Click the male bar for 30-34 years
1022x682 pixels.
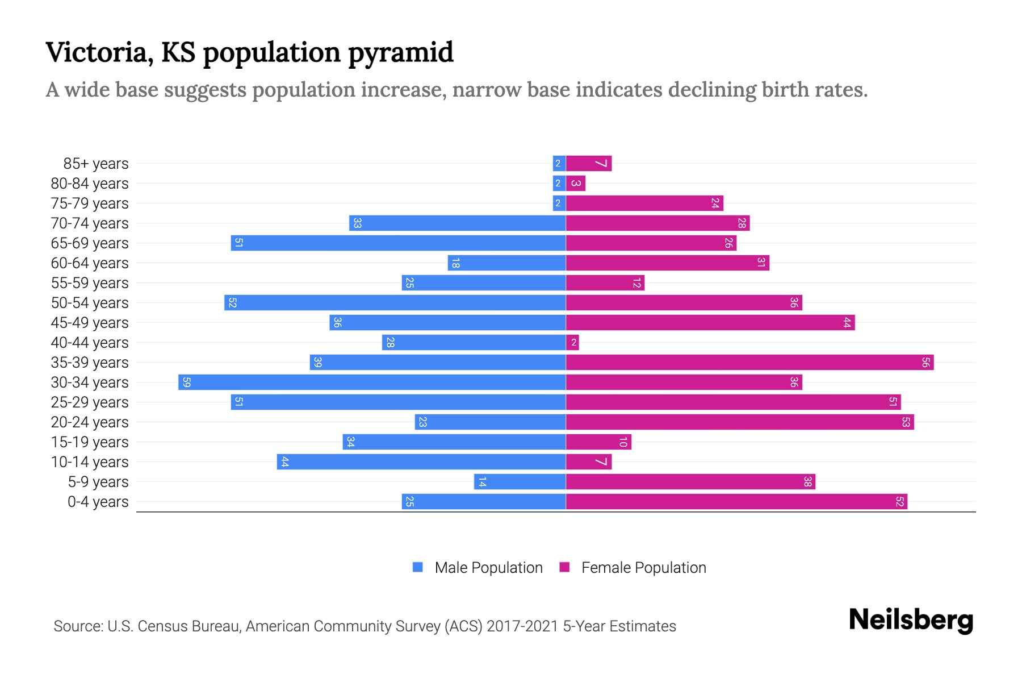click(372, 382)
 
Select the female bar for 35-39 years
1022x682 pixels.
click(749, 363)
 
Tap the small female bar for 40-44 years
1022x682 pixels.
click(572, 343)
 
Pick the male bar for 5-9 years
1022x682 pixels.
click(520, 482)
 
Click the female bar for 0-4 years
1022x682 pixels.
click(736, 502)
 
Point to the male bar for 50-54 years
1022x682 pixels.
click(395, 303)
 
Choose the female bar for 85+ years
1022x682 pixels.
click(589, 164)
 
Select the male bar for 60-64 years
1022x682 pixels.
click(506, 263)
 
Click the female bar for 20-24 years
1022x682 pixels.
click(740, 422)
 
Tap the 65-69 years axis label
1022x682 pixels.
click(90, 243)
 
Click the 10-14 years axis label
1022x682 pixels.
click(90, 462)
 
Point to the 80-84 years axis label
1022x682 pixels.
click(90, 184)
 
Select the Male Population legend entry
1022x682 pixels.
click(478, 568)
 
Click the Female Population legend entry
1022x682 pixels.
click(633, 568)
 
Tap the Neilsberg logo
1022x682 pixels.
click(911, 620)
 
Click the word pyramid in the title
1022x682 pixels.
click(400, 53)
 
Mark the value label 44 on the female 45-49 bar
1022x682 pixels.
click(847, 323)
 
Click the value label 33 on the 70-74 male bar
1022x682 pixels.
click(357, 223)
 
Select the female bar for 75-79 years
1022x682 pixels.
click(644, 203)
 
